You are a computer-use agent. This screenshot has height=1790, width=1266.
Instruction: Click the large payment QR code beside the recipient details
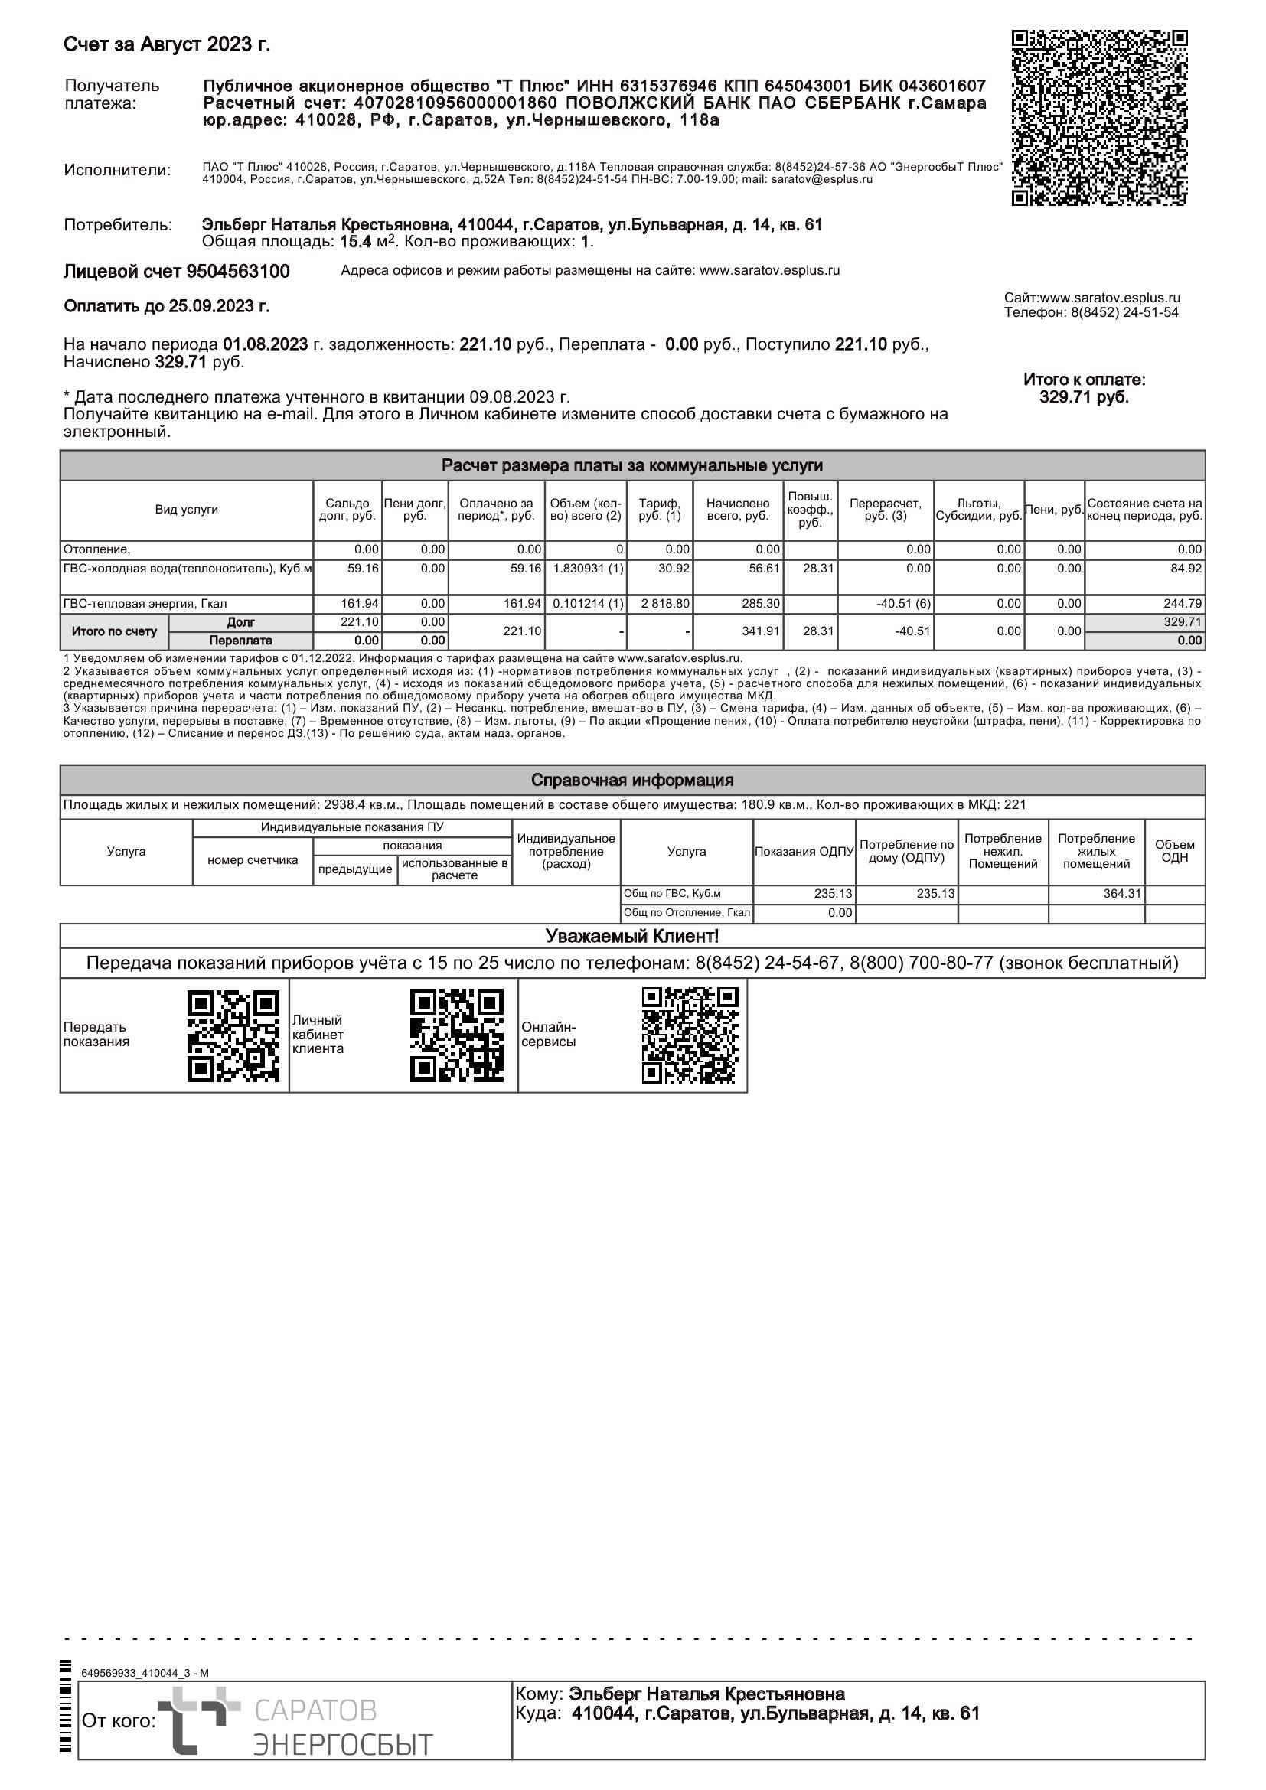tap(1099, 118)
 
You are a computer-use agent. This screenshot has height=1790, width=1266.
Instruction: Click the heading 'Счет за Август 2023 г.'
tap(167, 45)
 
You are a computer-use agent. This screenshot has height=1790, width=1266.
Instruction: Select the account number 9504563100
tap(238, 272)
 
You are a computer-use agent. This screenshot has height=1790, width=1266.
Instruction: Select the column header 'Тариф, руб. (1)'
tap(660, 510)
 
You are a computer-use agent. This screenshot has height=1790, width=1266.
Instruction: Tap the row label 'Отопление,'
tap(97, 549)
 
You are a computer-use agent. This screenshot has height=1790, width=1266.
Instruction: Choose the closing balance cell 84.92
tap(1186, 569)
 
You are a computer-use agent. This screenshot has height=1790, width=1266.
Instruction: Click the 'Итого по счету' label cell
tap(114, 631)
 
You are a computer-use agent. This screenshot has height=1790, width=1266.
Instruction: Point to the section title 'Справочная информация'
tap(632, 780)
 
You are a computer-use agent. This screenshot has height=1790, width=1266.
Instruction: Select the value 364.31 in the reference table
tap(1122, 893)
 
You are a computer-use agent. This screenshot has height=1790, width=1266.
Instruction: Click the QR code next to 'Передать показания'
tap(233, 1035)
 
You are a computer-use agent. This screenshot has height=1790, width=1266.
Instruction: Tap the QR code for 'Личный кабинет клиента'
tap(457, 1035)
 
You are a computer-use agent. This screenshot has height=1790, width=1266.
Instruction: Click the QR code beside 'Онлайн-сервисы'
tap(690, 1035)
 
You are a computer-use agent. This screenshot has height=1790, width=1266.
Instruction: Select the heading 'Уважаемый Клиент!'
tap(632, 935)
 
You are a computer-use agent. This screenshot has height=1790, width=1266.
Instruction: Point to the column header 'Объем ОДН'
tap(1174, 851)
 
